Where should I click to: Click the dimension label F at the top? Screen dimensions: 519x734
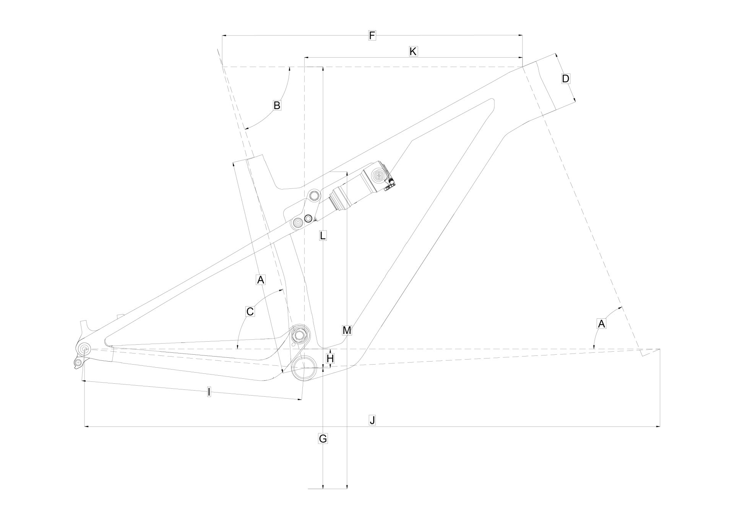(x=372, y=36)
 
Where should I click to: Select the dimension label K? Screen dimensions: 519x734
(x=412, y=52)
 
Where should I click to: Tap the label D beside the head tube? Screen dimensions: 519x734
(x=565, y=79)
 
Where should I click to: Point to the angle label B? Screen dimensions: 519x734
(x=277, y=105)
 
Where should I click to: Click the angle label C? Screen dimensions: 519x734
(x=250, y=311)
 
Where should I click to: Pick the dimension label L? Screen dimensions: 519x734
(x=323, y=235)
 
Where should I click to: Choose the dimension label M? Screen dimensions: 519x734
(x=347, y=330)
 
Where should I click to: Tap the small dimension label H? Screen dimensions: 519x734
(x=330, y=358)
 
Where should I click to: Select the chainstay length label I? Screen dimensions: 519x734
(x=209, y=392)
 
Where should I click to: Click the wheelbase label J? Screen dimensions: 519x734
(x=372, y=420)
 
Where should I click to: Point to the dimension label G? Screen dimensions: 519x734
(x=323, y=439)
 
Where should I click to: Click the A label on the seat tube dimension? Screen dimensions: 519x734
(x=260, y=280)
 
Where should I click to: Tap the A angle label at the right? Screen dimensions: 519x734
(x=601, y=324)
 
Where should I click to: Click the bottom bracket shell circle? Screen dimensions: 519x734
(x=304, y=368)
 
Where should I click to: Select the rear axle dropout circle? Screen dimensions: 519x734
(x=84, y=349)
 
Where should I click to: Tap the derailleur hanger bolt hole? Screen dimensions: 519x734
(x=78, y=362)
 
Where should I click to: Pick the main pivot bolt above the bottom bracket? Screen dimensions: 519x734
(x=299, y=336)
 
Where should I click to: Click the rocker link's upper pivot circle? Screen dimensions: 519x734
(x=314, y=196)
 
